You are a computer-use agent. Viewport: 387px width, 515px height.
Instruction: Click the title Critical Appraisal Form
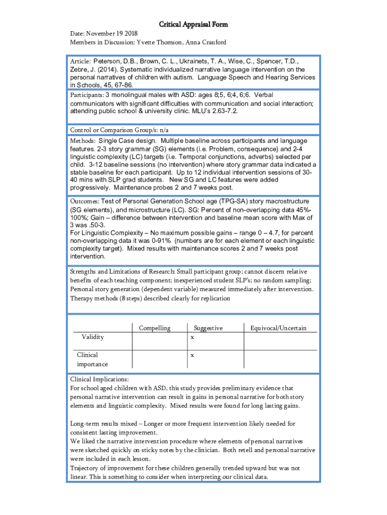click(x=193, y=24)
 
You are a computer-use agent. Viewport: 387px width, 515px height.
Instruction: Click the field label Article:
click(x=80, y=61)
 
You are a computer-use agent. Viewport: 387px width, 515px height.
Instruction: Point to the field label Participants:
click(x=86, y=95)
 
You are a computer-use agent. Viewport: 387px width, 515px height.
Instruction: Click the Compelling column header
click(x=154, y=328)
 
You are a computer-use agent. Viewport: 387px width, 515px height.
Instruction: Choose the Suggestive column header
click(x=208, y=328)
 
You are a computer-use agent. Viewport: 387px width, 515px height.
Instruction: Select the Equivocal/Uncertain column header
click(x=278, y=328)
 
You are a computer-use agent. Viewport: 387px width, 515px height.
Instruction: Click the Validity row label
click(x=93, y=337)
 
